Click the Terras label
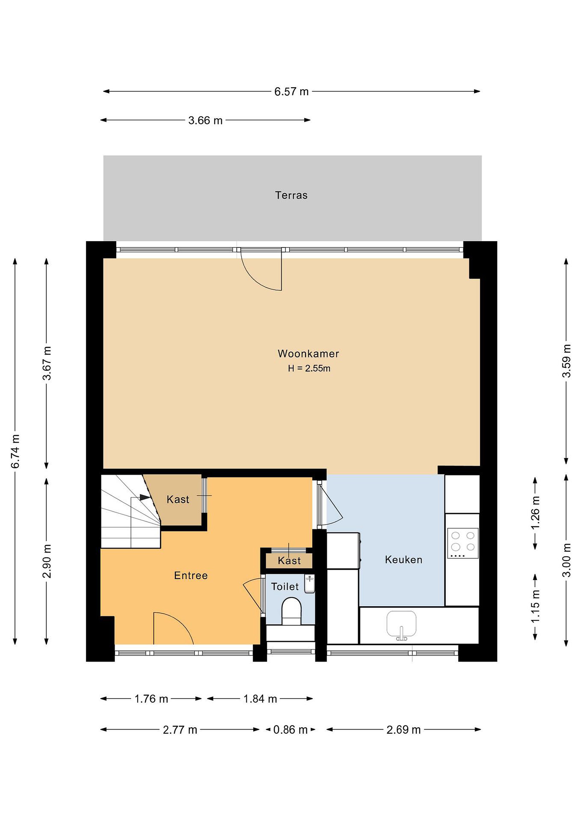(291, 195)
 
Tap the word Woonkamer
(308, 354)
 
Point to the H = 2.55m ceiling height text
(309, 368)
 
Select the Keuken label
(404, 560)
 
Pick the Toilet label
(285, 586)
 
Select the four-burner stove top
(463, 543)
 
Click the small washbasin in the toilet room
(309, 584)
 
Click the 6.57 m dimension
(291, 92)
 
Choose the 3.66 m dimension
(205, 120)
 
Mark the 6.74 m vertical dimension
(15, 451)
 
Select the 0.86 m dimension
(290, 729)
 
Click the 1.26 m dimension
(535, 513)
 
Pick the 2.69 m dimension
(404, 729)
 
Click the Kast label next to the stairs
(178, 499)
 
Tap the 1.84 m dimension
(260, 698)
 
